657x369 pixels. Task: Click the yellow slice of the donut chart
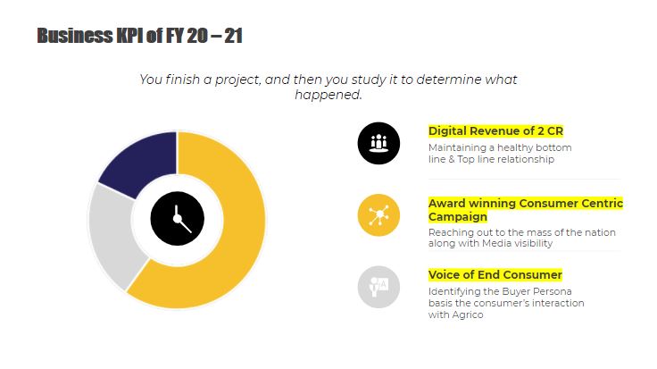[x=235, y=235]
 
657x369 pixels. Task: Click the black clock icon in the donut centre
[x=178, y=219]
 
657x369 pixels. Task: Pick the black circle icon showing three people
[x=378, y=143]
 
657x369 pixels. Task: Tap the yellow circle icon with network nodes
[x=378, y=215]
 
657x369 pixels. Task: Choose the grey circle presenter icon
[x=378, y=287]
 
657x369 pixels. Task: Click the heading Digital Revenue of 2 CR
[x=495, y=131]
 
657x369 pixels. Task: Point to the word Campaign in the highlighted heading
[x=458, y=217]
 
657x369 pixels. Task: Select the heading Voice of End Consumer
[x=495, y=275]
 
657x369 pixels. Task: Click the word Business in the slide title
[x=75, y=36]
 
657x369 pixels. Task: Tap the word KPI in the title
[x=130, y=36]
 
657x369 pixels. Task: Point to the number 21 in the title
[x=233, y=36]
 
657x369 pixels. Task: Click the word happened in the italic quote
[x=328, y=95]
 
